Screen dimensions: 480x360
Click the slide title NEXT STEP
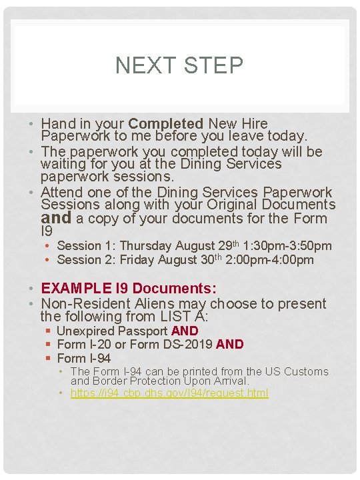tap(179, 65)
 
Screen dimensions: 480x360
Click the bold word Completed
tap(165, 124)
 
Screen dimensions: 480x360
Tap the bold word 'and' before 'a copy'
tap(56, 218)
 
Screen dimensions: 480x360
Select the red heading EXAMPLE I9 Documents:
tap(129, 289)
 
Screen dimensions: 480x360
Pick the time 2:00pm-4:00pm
tap(271, 260)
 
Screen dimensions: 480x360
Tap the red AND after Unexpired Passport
tap(185, 331)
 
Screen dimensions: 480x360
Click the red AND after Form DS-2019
tap(230, 345)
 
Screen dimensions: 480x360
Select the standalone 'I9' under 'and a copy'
tap(47, 232)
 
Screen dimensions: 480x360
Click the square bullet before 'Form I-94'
tap(49, 359)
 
